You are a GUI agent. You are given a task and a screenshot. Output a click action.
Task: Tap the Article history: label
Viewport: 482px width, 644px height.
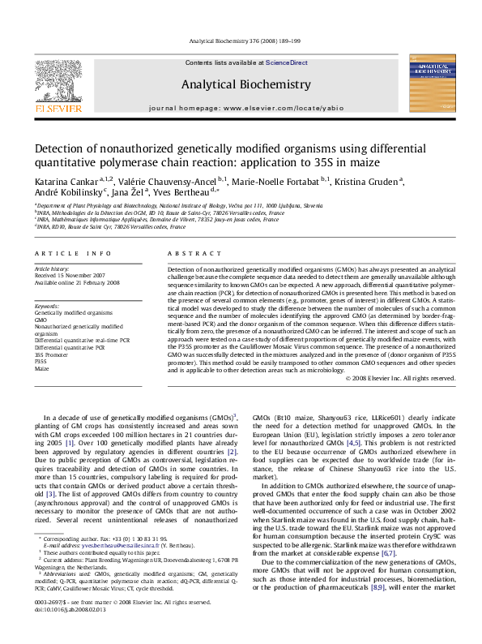pos(50,267)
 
